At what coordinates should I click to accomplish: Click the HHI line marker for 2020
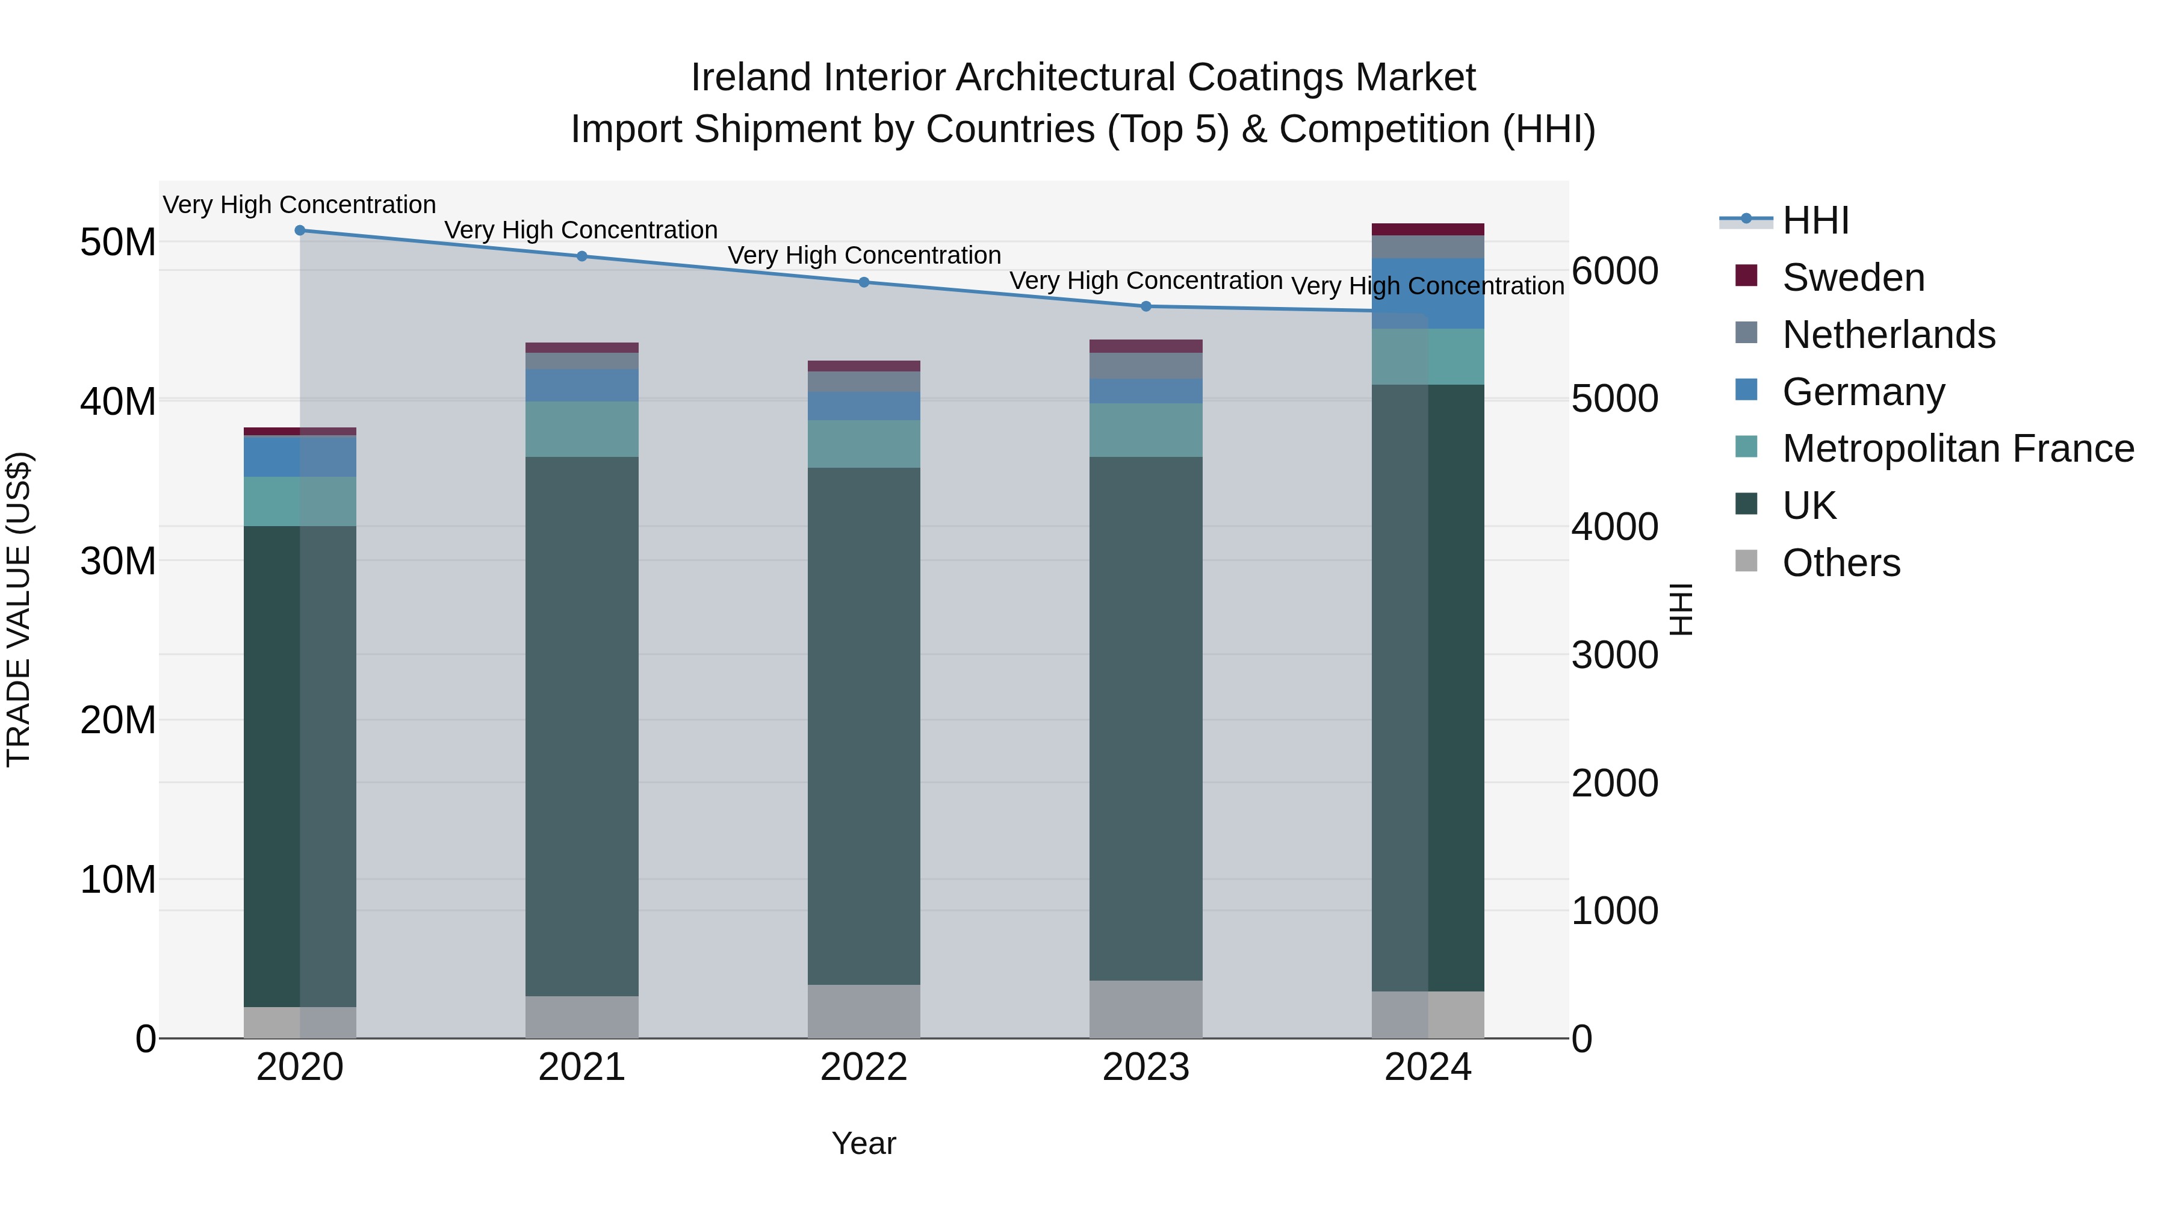tap(300, 230)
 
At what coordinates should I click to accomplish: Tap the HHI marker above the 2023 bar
tap(1145, 306)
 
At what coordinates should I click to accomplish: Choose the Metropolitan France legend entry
tap(1958, 448)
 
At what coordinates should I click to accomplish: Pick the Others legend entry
tap(1841, 563)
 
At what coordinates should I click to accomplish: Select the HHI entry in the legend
tap(1815, 220)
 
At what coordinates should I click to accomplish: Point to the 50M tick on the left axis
tap(118, 242)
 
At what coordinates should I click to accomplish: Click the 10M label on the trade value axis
tap(118, 880)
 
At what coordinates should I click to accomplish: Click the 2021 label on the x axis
tap(581, 1067)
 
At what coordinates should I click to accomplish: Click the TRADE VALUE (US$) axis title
tap(19, 609)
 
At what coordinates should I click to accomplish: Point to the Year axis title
tap(863, 1143)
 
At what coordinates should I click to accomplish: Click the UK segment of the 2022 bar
tap(863, 724)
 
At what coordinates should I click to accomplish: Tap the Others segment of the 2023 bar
tap(1145, 1009)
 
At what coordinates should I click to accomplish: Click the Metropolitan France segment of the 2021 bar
tap(581, 429)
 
